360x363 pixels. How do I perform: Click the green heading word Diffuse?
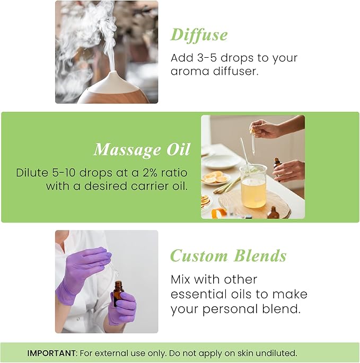[x=199, y=35]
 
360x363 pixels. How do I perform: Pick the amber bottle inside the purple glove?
[x=118, y=293]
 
